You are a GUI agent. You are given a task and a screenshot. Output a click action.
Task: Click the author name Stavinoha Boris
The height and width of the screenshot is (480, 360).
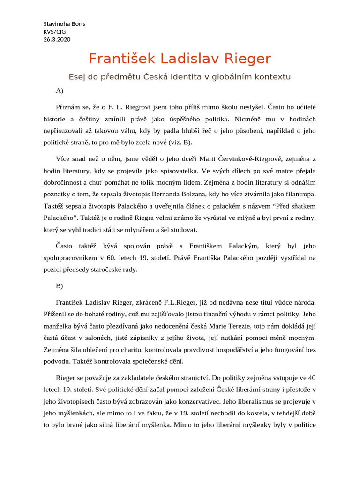pos(64,24)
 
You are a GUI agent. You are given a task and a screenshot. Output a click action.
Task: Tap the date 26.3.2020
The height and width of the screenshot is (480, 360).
pos(57,39)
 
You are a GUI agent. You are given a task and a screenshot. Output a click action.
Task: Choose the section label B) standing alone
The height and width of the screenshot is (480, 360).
pos(60,285)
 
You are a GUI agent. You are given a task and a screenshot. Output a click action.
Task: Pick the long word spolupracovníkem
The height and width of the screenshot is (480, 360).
pos(84,258)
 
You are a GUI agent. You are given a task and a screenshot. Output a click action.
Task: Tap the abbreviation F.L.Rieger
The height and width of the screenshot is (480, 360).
pos(186,303)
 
